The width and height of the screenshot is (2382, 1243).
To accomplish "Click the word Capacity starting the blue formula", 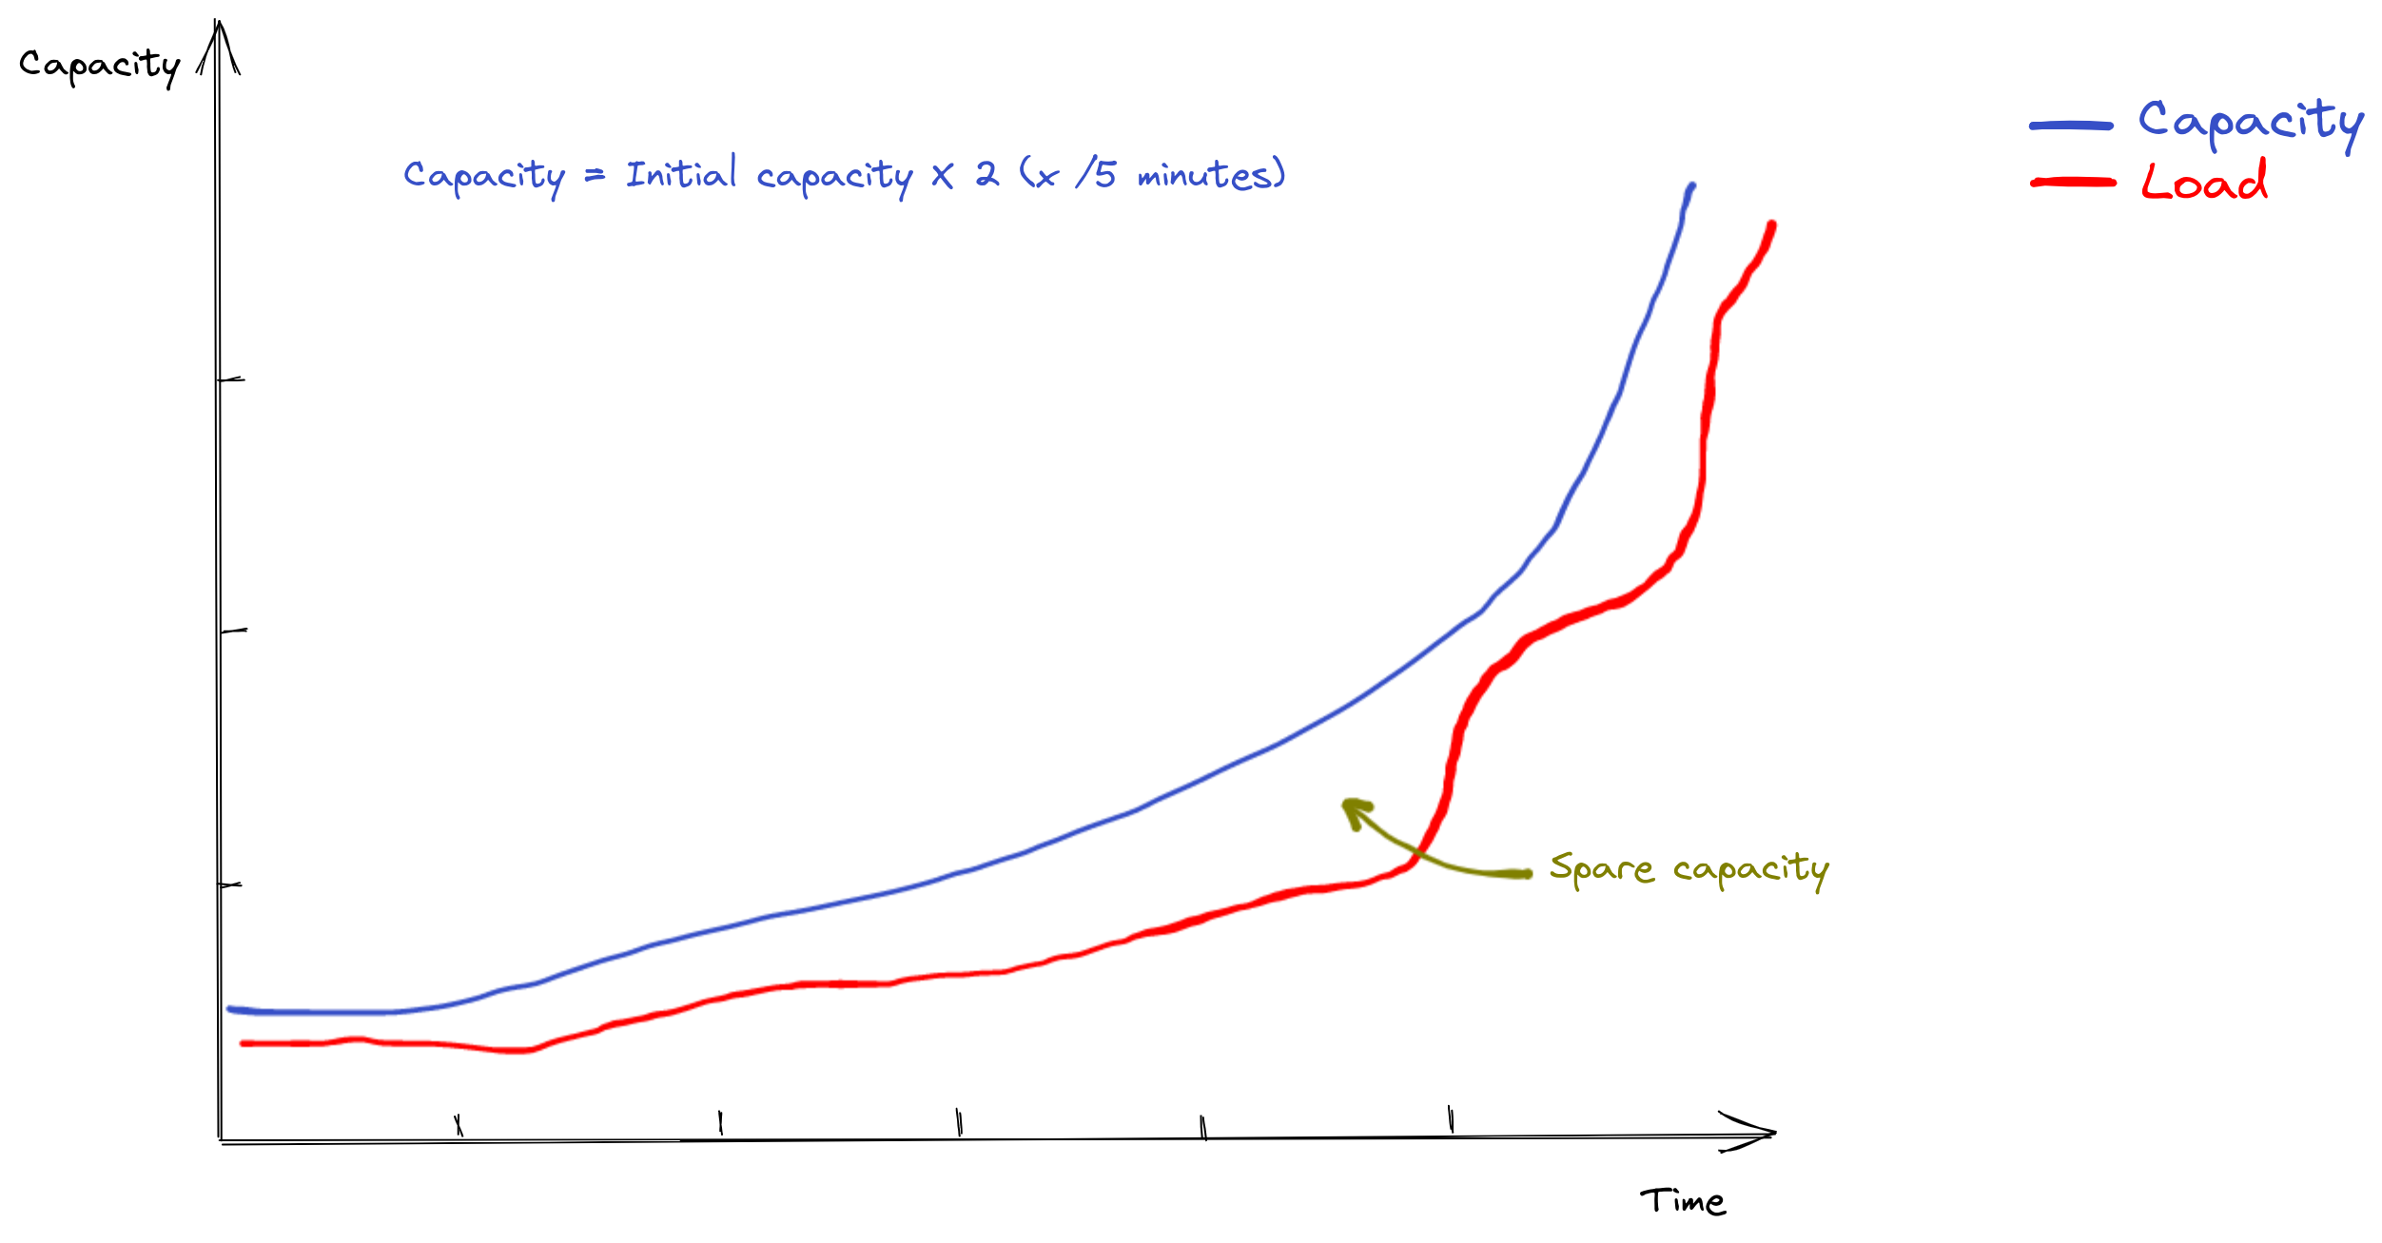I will [x=483, y=177].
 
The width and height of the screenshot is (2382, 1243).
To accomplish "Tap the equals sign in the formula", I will [x=595, y=175].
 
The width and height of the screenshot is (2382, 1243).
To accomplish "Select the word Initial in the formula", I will [x=681, y=173].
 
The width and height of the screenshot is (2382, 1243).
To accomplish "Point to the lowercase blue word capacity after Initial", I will [x=834, y=177].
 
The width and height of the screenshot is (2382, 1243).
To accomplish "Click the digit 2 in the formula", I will [x=986, y=174].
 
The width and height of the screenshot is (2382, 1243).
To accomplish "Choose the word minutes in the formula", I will [x=1206, y=174].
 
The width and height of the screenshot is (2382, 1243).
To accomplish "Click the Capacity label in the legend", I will [x=2250, y=123].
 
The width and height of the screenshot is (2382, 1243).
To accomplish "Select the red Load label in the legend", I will [x=2204, y=182].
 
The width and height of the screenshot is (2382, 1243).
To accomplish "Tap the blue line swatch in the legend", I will [x=2071, y=126].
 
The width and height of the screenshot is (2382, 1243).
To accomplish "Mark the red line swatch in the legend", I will [x=2073, y=182].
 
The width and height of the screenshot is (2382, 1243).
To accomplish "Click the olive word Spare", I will [x=1600, y=868].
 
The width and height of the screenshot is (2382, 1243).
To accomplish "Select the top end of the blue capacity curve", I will [x=1691, y=185].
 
